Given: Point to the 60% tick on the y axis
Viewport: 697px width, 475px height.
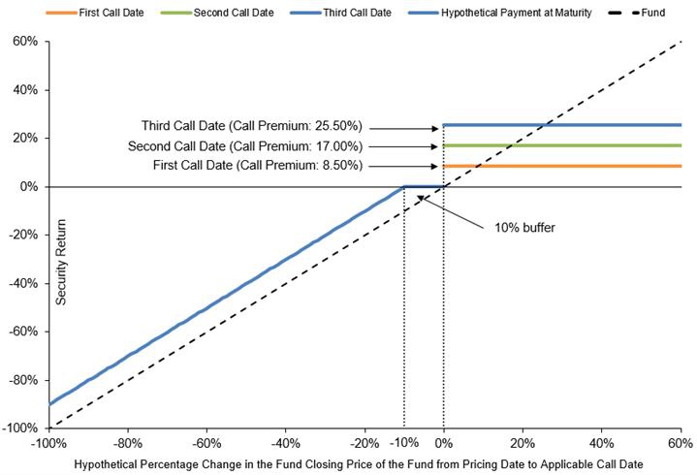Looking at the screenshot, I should tap(24, 43).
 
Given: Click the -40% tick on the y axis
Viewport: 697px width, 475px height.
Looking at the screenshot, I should tap(21, 283).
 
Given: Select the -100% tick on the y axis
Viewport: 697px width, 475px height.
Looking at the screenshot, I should tap(19, 427).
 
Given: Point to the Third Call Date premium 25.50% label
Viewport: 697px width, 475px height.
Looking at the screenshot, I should tap(251, 126).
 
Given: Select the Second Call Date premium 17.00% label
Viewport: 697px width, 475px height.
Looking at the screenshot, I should tap(245, 146).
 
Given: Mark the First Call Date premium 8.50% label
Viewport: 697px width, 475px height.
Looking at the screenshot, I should tap(258, 166).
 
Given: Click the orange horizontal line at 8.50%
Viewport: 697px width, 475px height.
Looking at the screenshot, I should tap(562, 166).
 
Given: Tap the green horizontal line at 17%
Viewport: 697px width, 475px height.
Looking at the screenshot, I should tap(562, 145).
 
